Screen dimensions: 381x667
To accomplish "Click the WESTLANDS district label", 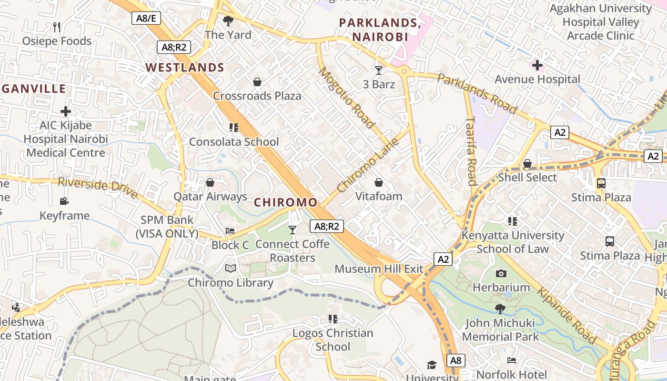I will (x=185, y=68).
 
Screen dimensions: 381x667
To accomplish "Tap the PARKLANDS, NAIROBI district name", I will (x=380, y=30).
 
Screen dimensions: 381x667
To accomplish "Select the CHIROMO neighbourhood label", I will (x=285, y=202).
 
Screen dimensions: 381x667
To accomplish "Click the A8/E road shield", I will (x=146, y=18).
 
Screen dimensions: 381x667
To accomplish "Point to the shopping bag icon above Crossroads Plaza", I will (x=257, y=82).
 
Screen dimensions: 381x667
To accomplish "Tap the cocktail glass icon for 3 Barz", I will (x=379, y=70).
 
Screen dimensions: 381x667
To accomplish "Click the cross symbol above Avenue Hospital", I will (x=537, y=65).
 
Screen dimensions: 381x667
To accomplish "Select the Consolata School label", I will (x=234, y=142).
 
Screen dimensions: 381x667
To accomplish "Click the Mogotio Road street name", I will (x=346, y=98).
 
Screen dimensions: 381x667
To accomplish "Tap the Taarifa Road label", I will (x=471, y=151).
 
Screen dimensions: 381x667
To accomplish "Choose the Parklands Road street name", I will (x=477, y=94).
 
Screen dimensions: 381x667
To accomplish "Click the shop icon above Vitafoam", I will (x=379, y=182).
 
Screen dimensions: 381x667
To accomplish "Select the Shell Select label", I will (x=527, y=178).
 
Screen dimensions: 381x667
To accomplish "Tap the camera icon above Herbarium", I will (x=501, y=273).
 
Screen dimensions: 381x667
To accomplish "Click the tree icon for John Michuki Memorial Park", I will (x=500, y=309).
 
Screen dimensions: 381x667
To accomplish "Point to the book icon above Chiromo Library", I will (x=231, y=269).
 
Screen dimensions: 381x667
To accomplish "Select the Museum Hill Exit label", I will (x=379, y=269).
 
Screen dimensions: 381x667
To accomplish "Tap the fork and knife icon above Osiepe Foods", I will (x=57, y=27).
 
